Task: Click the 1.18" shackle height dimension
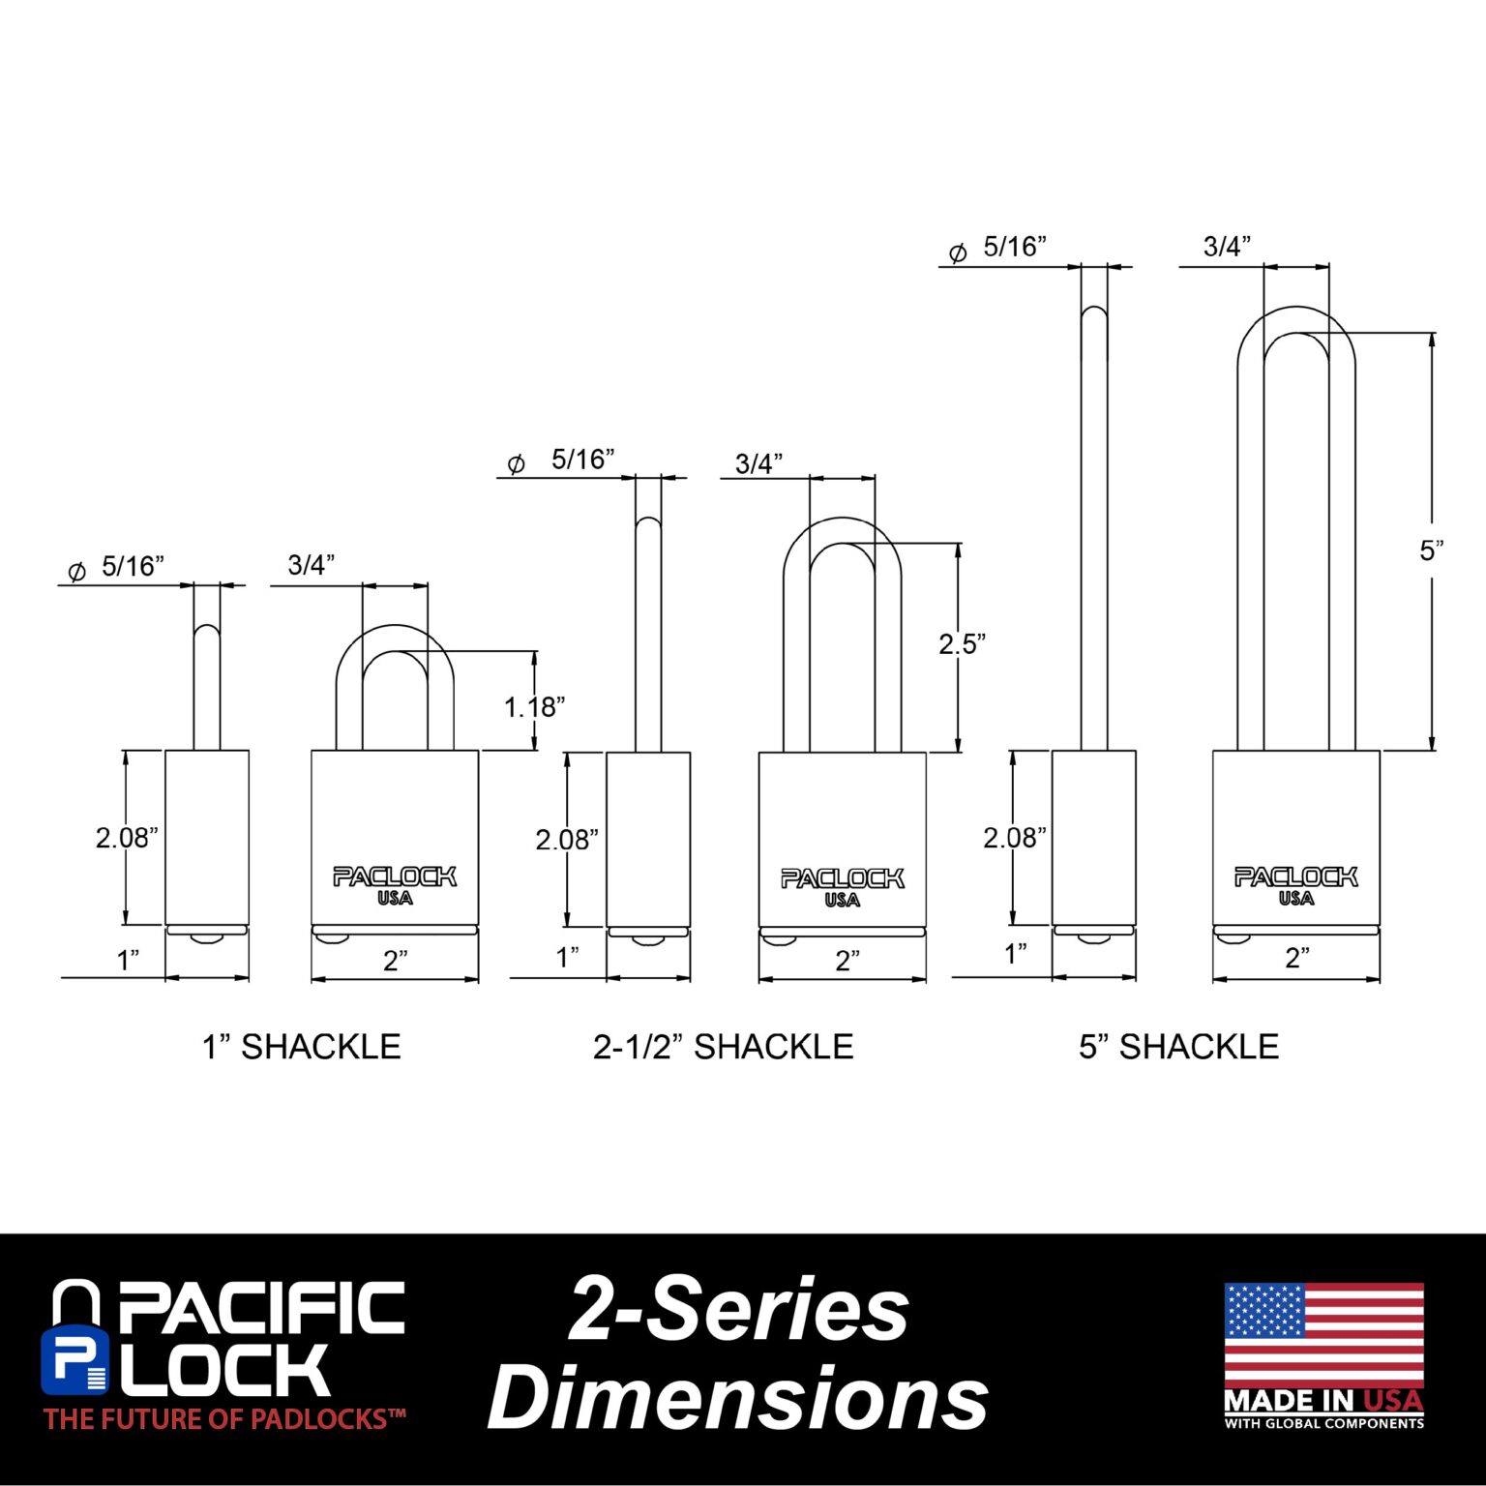[x=534, y=707]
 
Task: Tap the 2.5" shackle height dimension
[x=962, y=643]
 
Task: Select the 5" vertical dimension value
[x=1432, y=550]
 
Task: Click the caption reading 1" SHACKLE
[x=301, y=1047]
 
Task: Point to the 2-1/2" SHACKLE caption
[x=724, y=1047]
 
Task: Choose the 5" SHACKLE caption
[x=1179, y=1047]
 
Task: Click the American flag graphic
[x=1324, y=1335]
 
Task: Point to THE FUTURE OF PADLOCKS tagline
[x=224, y=1419]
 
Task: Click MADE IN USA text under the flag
[x=1324, y=1401]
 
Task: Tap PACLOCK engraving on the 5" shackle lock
[x=1296, y=877]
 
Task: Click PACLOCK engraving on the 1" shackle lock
[x=395, y=877]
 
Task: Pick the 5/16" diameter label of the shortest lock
[x=134, y=567]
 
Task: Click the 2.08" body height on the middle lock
[x=568, y=840]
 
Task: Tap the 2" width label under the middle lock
[x=847, y=961]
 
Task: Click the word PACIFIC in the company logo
[x=261, y=1308]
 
